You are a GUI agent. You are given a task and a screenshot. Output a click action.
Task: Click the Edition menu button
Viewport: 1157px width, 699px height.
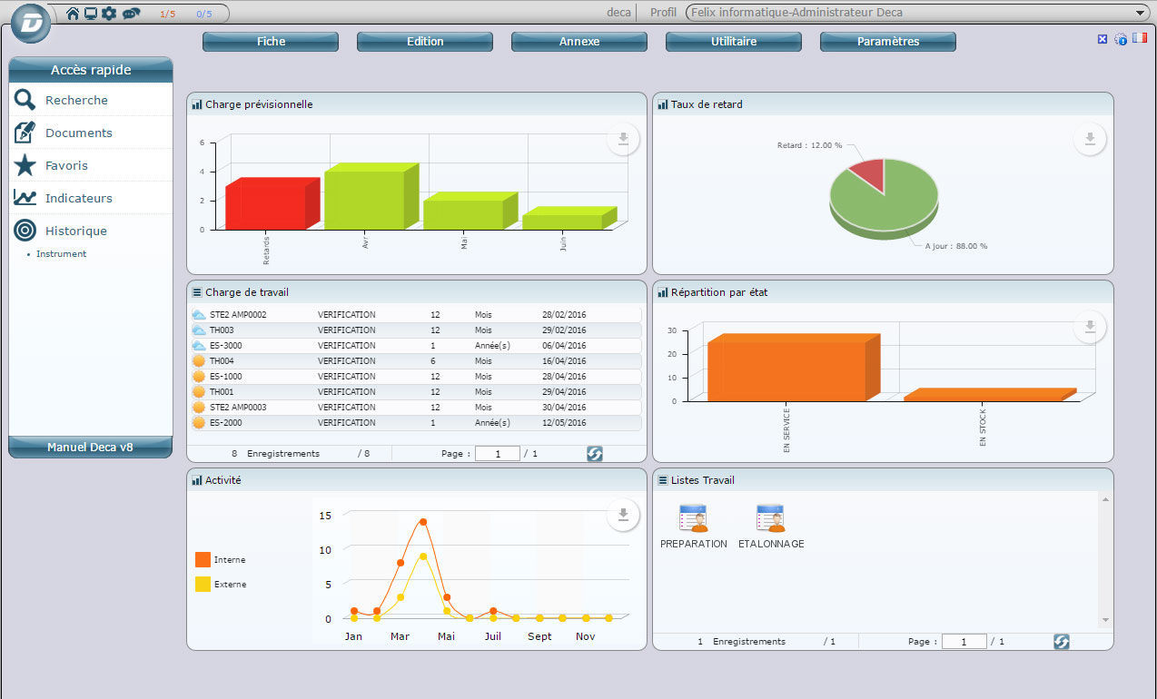coord(425,42)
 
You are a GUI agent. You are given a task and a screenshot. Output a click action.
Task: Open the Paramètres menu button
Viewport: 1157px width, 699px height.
coord(887,42)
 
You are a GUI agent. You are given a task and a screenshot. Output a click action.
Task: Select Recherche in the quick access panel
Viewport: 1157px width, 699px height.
coord(76,101)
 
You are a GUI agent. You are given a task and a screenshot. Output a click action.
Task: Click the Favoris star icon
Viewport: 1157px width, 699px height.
coord(25,166)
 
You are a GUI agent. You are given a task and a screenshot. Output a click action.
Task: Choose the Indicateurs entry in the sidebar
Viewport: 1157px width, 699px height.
coord(78,198)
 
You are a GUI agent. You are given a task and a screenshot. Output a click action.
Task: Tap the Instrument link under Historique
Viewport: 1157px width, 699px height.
coord(61,254)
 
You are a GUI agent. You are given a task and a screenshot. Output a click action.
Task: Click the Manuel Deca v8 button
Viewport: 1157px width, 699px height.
coord(90,447)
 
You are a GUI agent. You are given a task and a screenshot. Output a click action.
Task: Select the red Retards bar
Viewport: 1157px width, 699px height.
coord(266,207)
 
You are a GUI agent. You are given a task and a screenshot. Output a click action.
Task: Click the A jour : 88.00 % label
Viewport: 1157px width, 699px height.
coord(955,246)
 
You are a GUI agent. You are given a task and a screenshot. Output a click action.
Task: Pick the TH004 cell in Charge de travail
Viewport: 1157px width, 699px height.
coord(222,361)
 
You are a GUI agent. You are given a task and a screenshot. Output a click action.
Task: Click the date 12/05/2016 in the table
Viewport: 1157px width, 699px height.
coord(564,423)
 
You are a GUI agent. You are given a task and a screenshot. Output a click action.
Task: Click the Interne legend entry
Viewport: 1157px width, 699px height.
coord(229,560)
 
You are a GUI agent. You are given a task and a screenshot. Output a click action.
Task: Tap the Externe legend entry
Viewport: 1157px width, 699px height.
coord(230,585)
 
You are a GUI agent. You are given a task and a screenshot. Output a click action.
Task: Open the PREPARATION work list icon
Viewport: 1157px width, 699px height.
coord(693,518)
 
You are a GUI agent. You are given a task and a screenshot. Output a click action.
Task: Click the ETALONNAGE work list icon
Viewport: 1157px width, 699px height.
coord(770,518)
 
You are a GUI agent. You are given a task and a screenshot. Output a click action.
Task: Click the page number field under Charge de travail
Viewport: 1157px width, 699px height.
coord(497,453)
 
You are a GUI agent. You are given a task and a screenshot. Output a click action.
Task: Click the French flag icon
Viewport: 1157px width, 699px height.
coord(1139,38)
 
